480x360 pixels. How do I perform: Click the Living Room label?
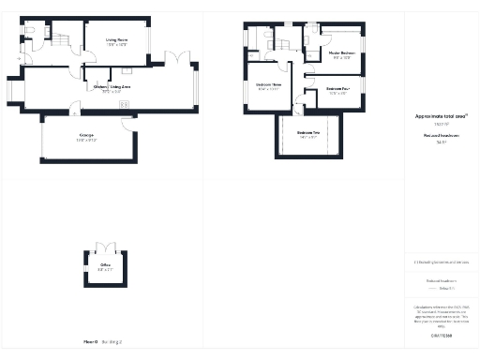116,40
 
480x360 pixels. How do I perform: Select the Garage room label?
87,137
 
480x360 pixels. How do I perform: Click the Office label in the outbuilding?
106,266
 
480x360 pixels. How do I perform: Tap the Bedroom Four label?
338,89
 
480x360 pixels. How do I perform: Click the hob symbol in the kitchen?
124,104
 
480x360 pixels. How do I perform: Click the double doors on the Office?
105,247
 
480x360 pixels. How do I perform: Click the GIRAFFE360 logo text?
441,335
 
